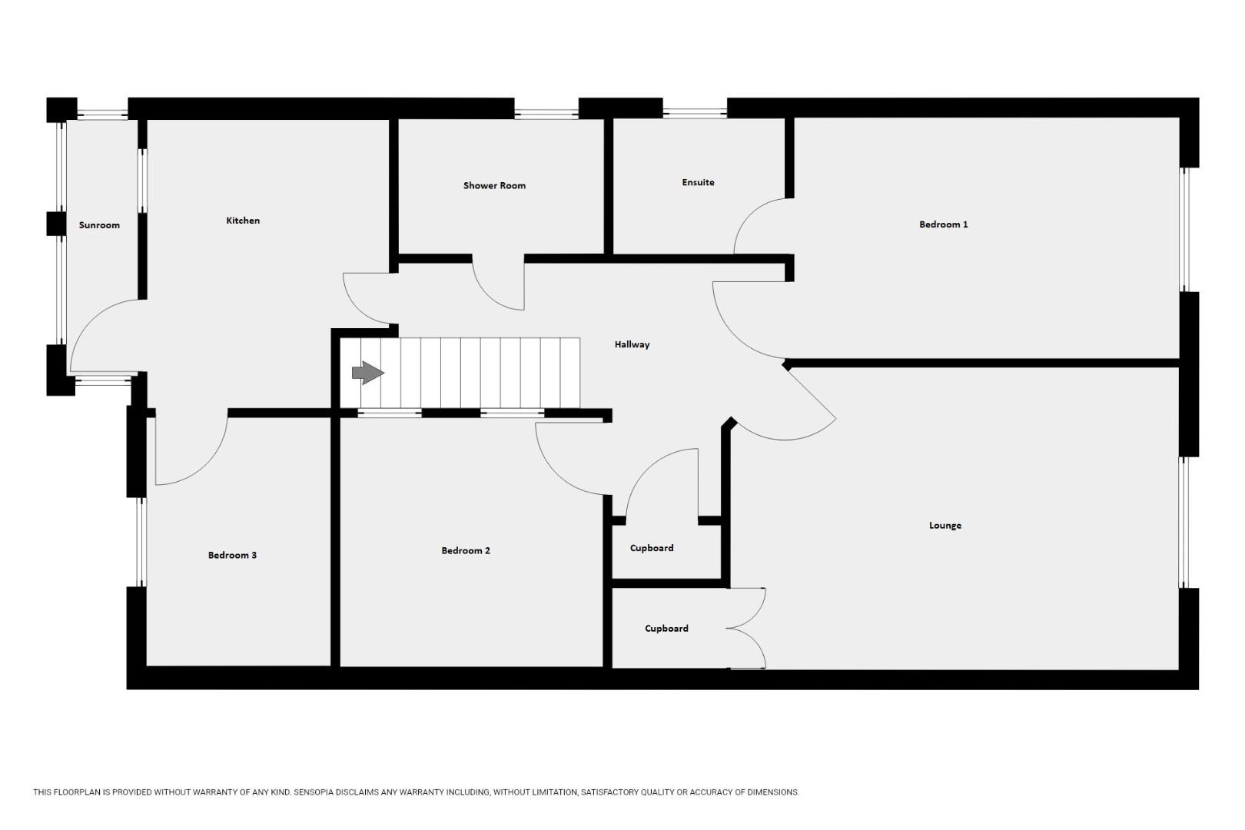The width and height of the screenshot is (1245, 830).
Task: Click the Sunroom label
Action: tap(99, 225)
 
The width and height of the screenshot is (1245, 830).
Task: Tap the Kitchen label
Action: tap(243, 221)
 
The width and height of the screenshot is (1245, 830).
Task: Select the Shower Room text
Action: tap(494, 186)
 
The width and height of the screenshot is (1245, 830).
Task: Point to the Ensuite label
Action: tap(698, 182)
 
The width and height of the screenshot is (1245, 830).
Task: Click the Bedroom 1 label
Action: tap(943, 224)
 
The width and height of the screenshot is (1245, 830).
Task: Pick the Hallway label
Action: tap(632, 344)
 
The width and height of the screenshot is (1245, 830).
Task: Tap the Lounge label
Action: tap(945, 526)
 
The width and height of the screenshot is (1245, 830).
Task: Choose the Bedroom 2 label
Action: tap(466, 551)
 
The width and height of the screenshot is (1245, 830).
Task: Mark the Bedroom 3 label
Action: tap(232, 556)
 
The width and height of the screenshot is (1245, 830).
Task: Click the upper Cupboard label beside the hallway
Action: tap(652, 548)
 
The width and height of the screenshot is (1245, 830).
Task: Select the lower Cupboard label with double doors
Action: tap(666, 629)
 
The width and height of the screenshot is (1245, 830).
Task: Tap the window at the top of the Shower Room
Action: tap(546, 114)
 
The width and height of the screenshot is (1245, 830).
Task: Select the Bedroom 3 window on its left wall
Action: tap(141, 542)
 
